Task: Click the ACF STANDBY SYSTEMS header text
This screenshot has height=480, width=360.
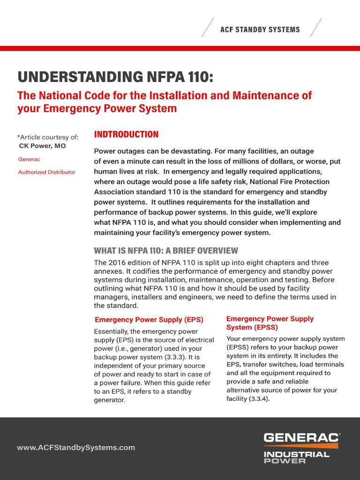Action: pyautogui.click(x=260, y=30)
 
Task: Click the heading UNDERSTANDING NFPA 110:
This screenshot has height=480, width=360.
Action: pyautogui.click(x=115, y=77)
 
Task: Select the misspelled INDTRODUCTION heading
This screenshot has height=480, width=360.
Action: pyautogui.click(x=126, y=135)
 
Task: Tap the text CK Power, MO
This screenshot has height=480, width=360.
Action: pyautogui.click(x=42, y=146)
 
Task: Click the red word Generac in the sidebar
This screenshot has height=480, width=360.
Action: pyautogui.click(x=29, y=159)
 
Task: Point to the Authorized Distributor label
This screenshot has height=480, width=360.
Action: pyautogui.click(x=46, y=172)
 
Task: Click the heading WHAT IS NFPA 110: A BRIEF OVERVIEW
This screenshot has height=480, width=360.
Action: pyautogui.click(x=166, y=251)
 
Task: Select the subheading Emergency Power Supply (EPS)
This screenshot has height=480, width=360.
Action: pyautogui.click(x=149, y=320)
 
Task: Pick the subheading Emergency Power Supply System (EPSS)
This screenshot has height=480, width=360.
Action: pyautogui.click(x=270, y=323)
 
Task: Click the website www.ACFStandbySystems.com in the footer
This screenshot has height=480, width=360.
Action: pyautogui.click(x=76, y=448)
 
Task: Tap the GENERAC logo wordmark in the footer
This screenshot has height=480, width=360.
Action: pyautogui.click(x=301, y=437)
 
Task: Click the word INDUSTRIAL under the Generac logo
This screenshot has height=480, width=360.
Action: pyautogui.click(x=296, y=454)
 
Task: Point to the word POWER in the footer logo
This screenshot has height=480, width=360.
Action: pyautogui.click(x=285, y=461)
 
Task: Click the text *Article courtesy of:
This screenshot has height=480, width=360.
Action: pyautogui.click(x=48, y=137)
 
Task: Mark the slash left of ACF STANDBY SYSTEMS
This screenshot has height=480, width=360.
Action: pyautogui.click(x=208, y=28)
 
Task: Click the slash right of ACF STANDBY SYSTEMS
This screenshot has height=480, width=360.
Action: pyautogui.click(x=316, y=28)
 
